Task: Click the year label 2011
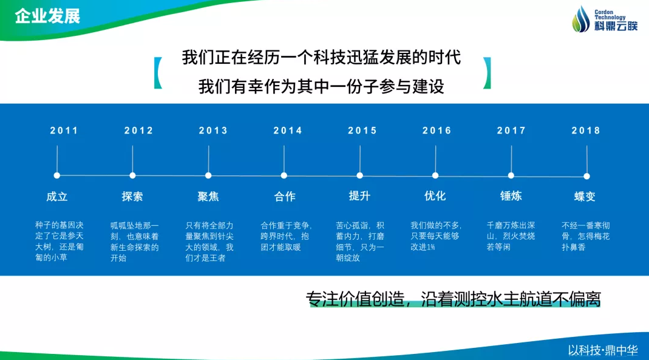[x=64, y=131]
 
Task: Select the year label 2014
[x=288, y=131]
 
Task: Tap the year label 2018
[x=586, y=131]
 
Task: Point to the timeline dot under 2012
[x=132, y=175]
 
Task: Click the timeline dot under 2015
[x=359, y=175]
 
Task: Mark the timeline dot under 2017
[x=511, y=175]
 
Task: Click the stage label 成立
[x=57, y=197]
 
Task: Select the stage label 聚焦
[x=208, y=197]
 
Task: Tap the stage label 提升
[x=359, y=195]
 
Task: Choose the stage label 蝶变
[x=585, y=197]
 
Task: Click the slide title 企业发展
[x=47, y=16]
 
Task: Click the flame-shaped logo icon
[x=581, y=19]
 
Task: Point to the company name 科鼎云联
[x=616, y=26]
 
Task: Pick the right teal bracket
[x=487, y=73]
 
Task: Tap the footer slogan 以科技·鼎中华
[x=603, y=350]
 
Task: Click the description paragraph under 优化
[x=436, y=236]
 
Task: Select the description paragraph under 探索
[x=135, y=242]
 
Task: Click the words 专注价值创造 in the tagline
[x=355, y=299]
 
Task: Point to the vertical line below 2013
[x=208, y=159]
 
